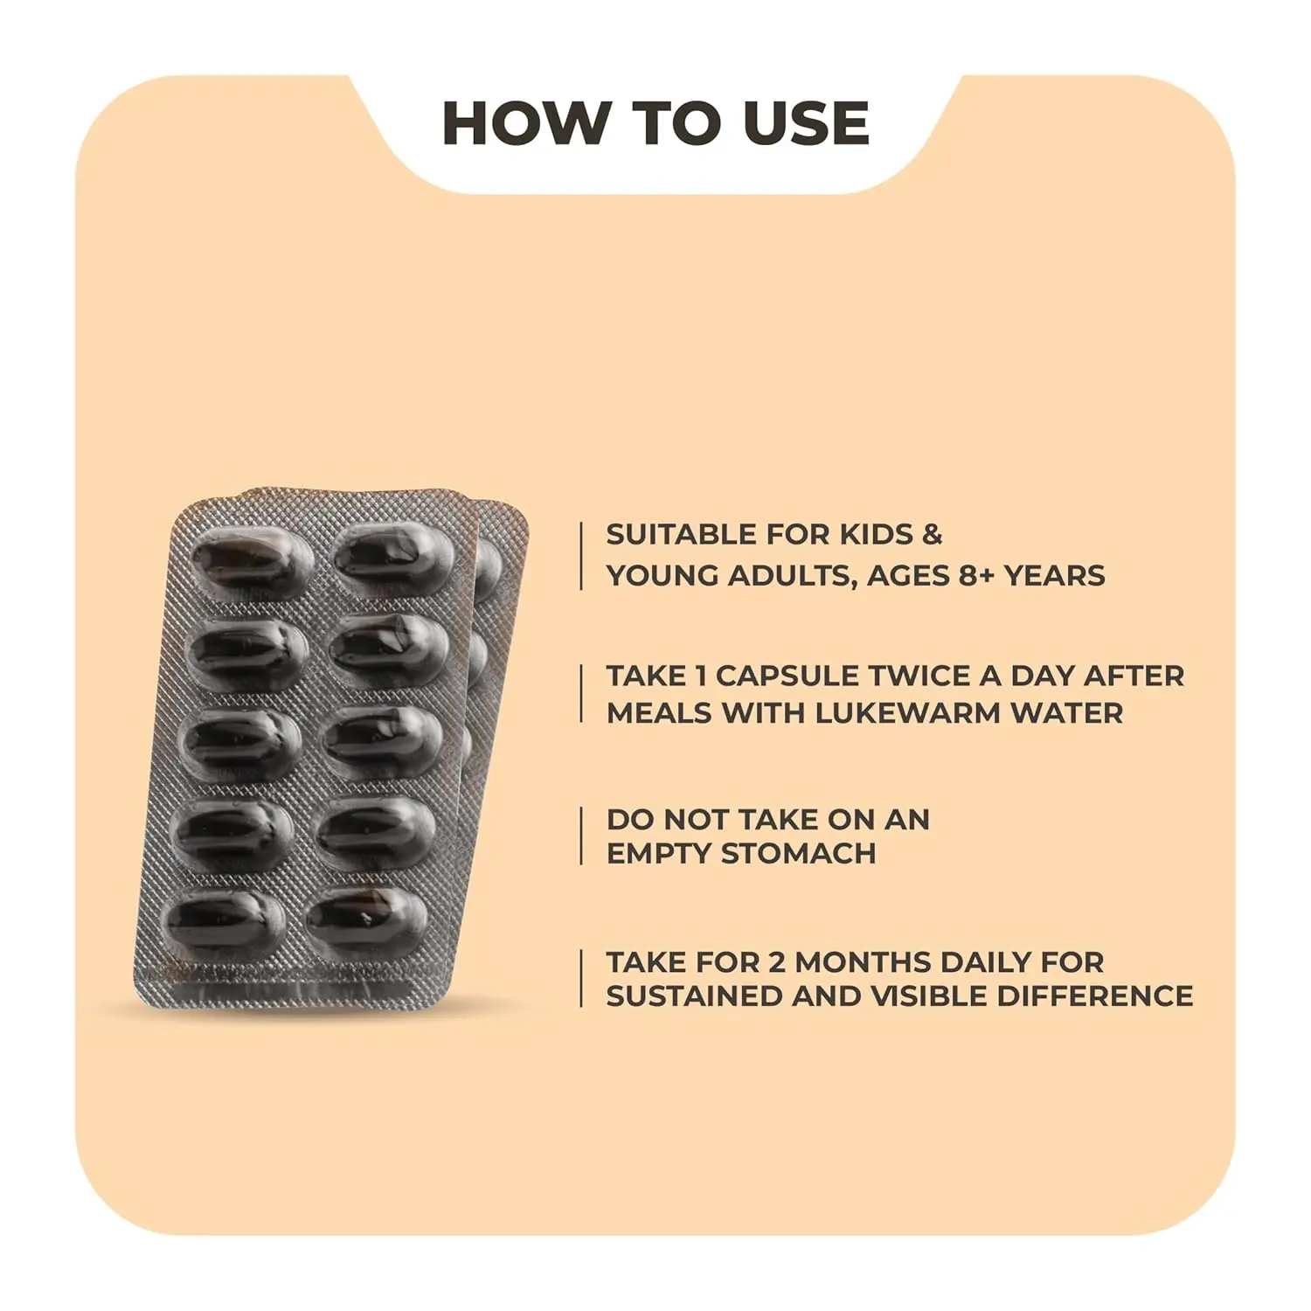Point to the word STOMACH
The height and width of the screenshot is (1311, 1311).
pyautogui.click(x=797, y=853)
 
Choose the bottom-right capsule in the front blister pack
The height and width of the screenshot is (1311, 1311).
pyautogui.click(x=367, y=919)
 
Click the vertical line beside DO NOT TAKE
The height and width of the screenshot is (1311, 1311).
pyautogui.click(x=581, y=836)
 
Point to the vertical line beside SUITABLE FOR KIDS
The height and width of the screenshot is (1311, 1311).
pyautogui.click(x=581, y=556)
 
